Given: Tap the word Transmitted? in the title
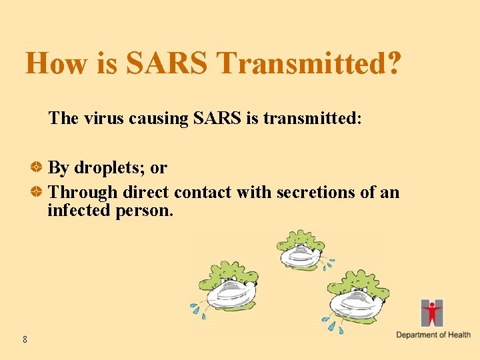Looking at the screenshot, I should tap(309, 63).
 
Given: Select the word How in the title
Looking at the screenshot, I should tap(55, 63).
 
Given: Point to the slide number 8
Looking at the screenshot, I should tap(25, 340).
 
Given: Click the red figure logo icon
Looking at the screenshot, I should tap(432, 313).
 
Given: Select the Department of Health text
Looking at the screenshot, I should tap(433, 335).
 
